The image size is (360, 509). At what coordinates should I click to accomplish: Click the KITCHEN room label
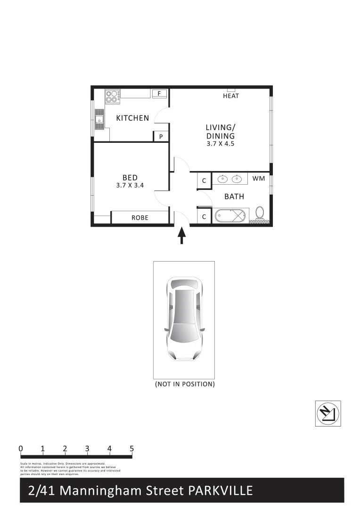point(132,118)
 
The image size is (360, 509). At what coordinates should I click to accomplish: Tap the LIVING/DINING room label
point(220,131)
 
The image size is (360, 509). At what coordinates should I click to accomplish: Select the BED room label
point(130,178)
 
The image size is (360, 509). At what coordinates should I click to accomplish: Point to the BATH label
point(234,197)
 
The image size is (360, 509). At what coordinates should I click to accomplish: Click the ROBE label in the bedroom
point(140,218)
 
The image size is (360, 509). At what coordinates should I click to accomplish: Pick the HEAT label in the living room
point(231,96)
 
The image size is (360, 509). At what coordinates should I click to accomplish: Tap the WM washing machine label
point(259,179)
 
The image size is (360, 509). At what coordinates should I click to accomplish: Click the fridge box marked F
point(159,93)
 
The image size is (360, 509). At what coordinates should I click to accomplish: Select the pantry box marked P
point(161,137)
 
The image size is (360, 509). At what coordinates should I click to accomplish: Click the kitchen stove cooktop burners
point(112,96)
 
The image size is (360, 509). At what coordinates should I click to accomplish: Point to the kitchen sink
point(99,120)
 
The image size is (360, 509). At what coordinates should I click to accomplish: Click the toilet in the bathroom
point(260,213)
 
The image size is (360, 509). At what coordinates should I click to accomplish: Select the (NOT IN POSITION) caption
point(185,384)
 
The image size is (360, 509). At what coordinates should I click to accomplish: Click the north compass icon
point(327,413)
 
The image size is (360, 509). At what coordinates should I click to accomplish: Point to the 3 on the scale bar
point(87,449)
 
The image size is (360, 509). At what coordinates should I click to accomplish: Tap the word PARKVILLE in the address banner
point(221,491)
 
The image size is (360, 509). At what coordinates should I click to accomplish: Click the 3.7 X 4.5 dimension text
point(220,144)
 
